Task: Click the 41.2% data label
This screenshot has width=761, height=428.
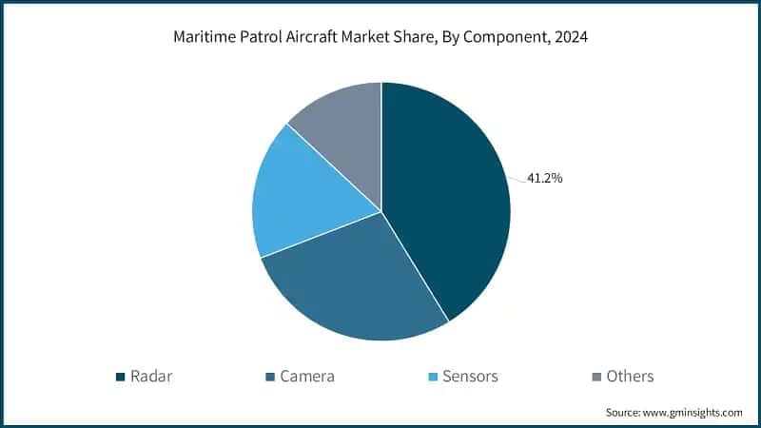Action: (544, 177)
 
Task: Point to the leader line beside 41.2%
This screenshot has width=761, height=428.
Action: (518, 176)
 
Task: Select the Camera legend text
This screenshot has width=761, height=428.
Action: (306, 376)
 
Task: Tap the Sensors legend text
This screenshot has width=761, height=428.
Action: (471, 376)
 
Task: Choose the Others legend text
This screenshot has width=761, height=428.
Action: (631, 376)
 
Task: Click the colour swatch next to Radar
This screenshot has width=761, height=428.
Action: (121, 377)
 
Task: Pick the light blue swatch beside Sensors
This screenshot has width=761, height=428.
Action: (433, 377)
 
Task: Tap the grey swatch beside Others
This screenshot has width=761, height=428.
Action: (597, 377)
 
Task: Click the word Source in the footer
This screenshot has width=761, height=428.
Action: (624, 413)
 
